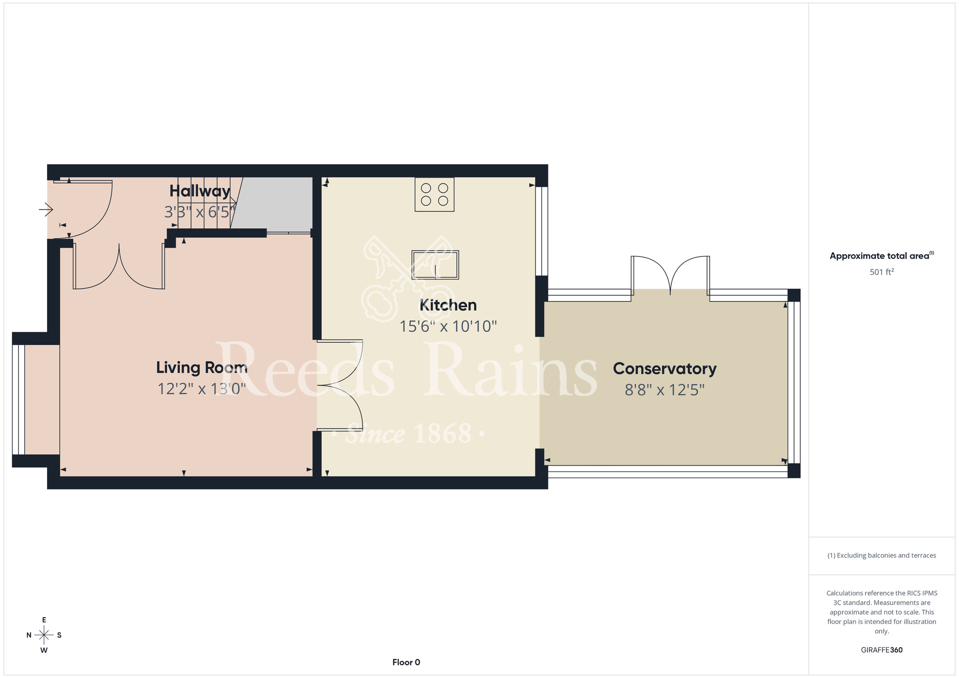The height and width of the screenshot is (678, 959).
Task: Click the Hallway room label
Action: pyautogui.click(x=200, y=191)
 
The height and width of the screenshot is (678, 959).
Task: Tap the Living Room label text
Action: pyautogui.click(x=202, y=367)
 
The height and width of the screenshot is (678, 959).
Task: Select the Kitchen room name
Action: pyautogui.click(x=448, y=305)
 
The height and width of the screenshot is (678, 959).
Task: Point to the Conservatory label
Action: pyautogui.click(x=665, y=368)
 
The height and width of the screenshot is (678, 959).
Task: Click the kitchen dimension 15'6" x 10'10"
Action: pyautogui.click(x=448, y=326)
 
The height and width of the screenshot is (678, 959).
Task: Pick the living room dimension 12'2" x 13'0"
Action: pyautogui.click(x=202, y=388)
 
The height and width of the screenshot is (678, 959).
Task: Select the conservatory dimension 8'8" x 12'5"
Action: pyautogui.click(x=665, y=390)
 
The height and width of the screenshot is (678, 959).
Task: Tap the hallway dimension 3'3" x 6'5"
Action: pyautogui.click(x=200, y=211)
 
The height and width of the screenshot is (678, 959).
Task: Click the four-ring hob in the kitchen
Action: pyautogui.click(x=434, y=194)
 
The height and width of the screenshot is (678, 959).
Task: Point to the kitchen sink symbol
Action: pyautogui.click(x=435, y=265)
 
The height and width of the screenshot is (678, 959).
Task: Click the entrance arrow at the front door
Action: pyautogui.click(x=46, y=210)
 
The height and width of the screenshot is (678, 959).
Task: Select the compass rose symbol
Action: pyautogui.click(x=44, y=635)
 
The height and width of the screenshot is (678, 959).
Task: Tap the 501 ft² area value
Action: pyautogui.click(x=882, y=272)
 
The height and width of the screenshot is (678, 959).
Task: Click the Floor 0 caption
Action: pyautogui.click(x=406, y=662)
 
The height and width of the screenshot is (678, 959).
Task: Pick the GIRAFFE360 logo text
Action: pyautogui.click(x=882, y=650)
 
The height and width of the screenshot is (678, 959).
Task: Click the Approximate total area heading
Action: pyautogui.click(x=882, y=256)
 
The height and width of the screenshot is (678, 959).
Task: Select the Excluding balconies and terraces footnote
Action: pyautogui.click(x=882, y=555)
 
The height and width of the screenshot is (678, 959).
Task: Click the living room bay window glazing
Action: pyautogui.click(x=18, y=399)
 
